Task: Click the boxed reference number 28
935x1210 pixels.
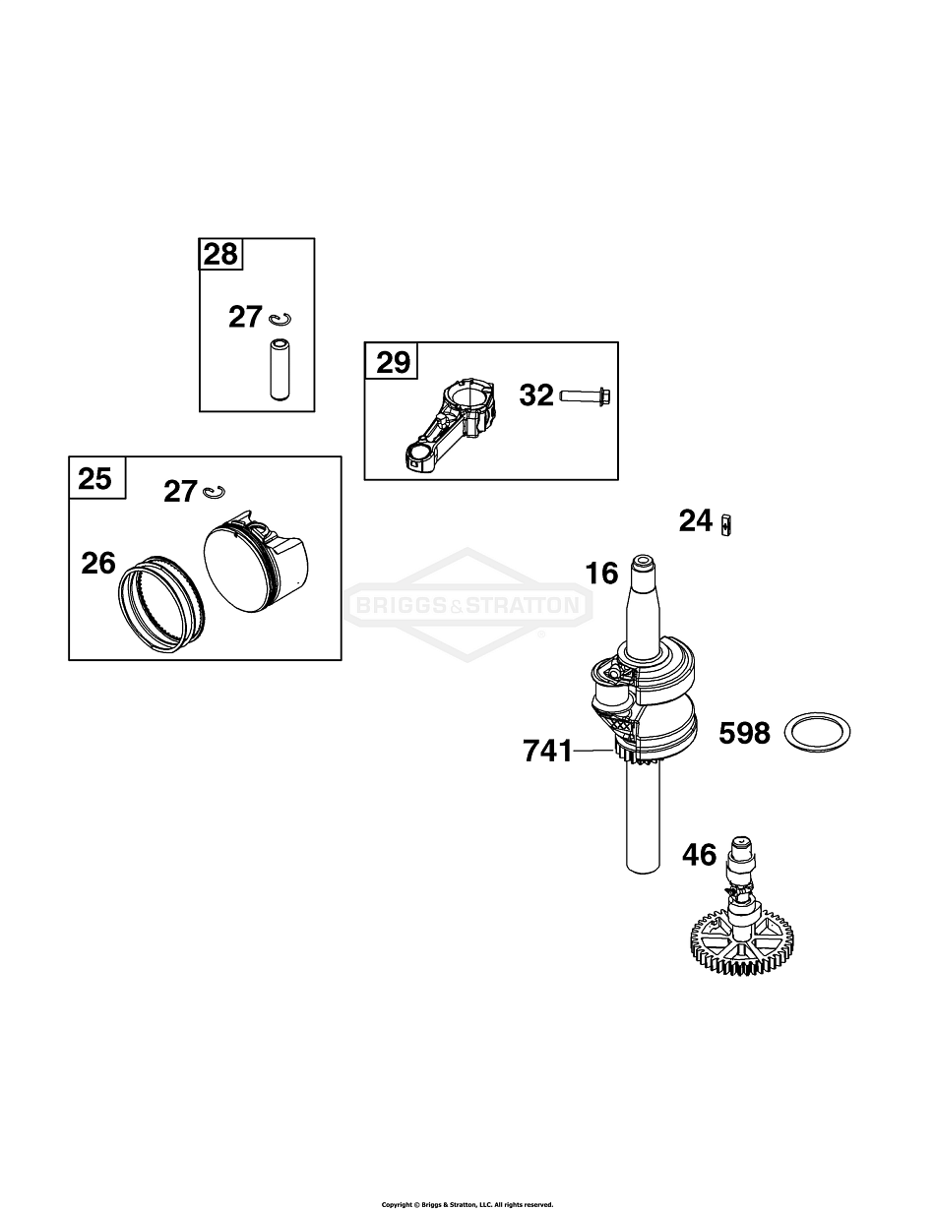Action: point(221,254)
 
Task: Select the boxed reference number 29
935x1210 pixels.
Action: point(393,362)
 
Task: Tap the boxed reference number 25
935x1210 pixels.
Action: point(94,478)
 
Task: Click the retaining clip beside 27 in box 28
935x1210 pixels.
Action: point(280,319)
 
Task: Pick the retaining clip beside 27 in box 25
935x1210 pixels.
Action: point(215,491)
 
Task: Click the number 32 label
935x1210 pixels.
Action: point(536,395)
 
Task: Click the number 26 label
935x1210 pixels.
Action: point(98,563)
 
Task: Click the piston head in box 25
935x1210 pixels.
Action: point(255,562)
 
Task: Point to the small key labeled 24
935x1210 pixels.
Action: point(726,525)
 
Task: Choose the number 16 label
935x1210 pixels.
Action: point(601,573)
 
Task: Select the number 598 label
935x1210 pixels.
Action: point(744,733)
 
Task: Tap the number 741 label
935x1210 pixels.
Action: point(547,751)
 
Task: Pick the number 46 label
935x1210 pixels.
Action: point(700,855)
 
